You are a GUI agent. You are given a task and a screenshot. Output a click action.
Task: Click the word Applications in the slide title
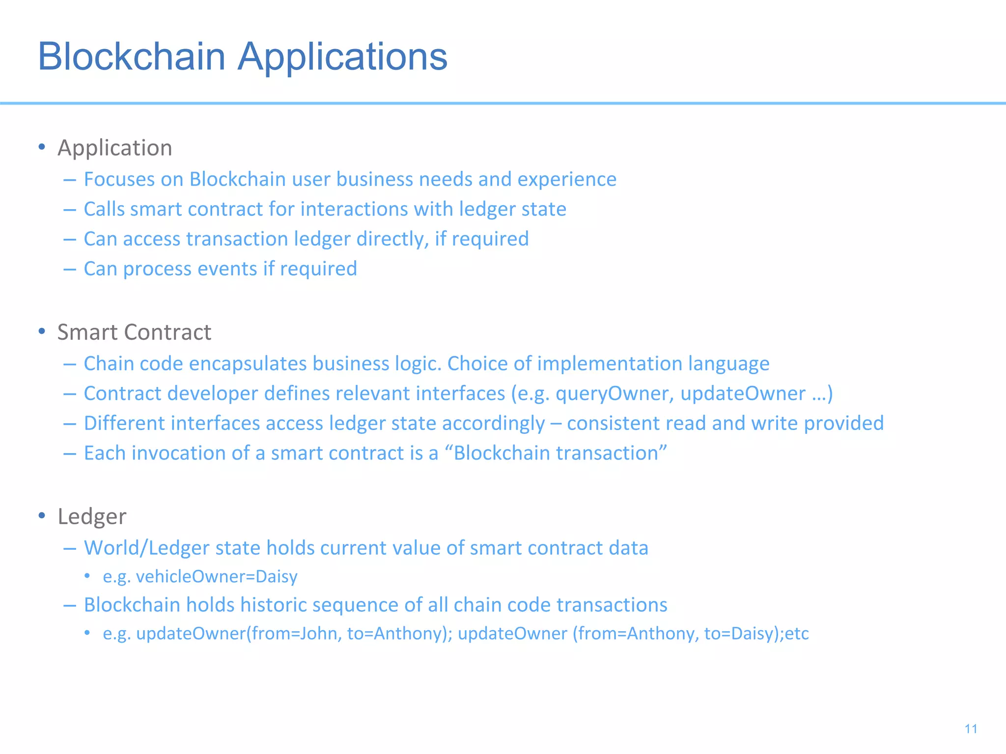click(342, 57)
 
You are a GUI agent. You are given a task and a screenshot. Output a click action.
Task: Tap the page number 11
click(971, 729)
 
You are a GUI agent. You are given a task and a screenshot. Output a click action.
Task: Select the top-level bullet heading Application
click(115, 148)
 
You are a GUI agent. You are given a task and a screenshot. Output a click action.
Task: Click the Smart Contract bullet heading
click(134, 332)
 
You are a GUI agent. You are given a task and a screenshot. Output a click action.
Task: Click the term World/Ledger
click(146, 548)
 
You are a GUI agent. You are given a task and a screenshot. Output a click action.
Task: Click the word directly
click(393, 239)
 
